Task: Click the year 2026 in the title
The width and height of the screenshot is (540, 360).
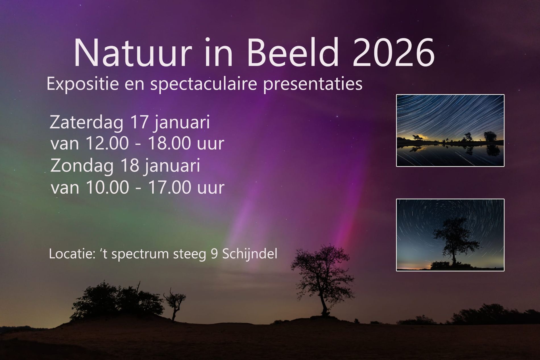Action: (x=393, y=53)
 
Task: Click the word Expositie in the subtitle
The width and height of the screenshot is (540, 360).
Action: (x=82, y=84)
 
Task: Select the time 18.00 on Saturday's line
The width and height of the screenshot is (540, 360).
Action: (x=169, y=143)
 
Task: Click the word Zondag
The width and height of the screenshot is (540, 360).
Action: (x=82, y=166)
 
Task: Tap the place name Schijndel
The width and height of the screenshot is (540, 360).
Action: (x=250, y=254)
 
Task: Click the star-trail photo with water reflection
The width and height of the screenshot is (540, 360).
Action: (x=450, y=131)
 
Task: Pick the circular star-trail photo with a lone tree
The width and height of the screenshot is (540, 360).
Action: (x=450, y=235)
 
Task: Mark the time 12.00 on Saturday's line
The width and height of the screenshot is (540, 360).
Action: (x=107, y=143)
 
